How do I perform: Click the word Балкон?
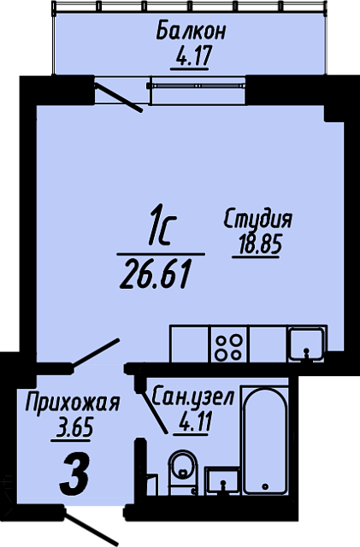[191, 32]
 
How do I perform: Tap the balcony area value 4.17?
[192, 59]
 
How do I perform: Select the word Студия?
[257, 220]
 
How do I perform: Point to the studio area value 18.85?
[257, 246]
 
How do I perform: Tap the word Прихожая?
[72, 402]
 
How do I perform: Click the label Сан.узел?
[192, 397]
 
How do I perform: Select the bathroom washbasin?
[224, 480]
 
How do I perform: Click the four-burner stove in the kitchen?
[227, 345]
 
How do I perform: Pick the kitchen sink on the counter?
[305, 344]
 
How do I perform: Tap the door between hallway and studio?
[94, 352]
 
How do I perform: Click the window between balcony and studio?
[198, 85]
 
